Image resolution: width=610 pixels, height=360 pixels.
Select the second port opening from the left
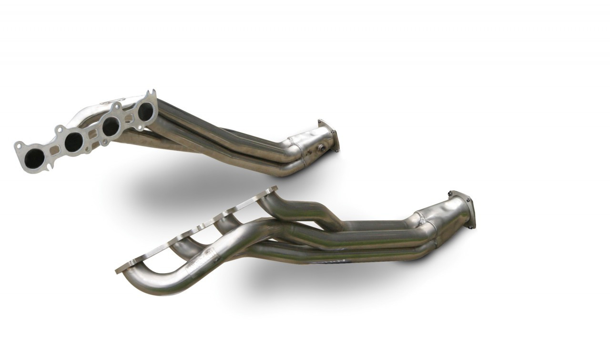click(73, 142)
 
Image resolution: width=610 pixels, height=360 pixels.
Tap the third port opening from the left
click(111, 126)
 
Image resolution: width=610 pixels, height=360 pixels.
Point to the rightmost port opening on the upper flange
click(145, 111)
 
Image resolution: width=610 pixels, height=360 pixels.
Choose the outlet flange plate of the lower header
click(463, 210)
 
